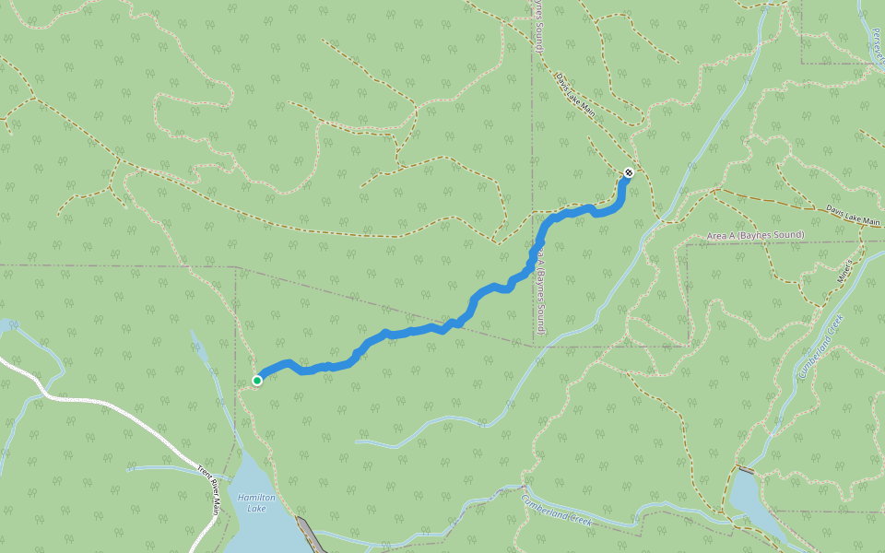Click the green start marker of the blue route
click(x=257, y=380)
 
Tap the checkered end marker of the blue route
click(x=628, y=172)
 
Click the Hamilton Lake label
click(x=256, y=502)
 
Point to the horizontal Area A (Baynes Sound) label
click(x=755, y=236)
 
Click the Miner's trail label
click(x=844, y=270)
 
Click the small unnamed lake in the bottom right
click(x=751, y=502)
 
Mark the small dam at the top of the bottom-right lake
click(x=745, y=470)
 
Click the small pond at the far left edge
click(x=5, y=325)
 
